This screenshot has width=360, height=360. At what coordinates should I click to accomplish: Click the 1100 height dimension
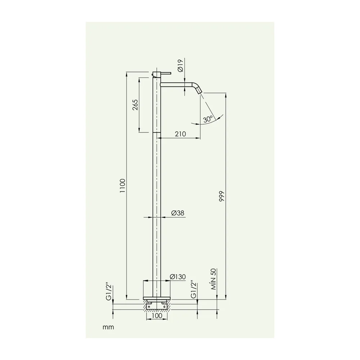click(x=123, y=185)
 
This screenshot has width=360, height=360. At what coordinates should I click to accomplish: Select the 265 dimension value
click(x=135, y=105)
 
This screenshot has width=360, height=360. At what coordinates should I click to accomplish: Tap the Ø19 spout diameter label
click(x=180, y=66)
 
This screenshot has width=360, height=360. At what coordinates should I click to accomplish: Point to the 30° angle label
click(x=208, y=119)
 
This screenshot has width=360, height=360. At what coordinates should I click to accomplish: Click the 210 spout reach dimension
click(x=180, y=134)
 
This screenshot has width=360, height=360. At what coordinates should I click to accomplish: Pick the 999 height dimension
click(x=221, y=196)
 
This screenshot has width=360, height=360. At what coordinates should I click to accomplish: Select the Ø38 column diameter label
click(x=178, y=213)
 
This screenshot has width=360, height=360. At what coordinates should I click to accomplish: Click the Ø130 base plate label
click(x=178, y=276)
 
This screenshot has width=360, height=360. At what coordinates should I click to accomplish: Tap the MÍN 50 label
click(x=213, y=279)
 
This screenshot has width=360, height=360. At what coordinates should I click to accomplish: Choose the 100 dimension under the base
click(x=157, y=315)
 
